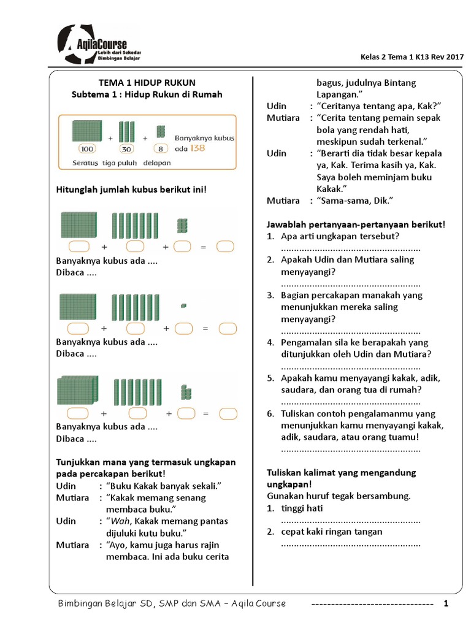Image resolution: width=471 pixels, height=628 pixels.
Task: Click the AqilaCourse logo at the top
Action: [99, 46]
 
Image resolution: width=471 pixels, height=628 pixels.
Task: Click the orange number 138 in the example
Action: [197, 148]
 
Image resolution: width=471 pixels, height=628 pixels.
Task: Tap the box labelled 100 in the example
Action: [88, 148]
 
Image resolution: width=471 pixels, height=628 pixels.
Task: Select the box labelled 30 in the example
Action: [127, 148]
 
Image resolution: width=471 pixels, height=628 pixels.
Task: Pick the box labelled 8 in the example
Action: [161, 148]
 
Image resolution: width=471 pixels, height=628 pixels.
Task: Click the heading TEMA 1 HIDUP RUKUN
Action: [147, 82]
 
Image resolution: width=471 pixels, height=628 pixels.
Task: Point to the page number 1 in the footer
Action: [446, 603]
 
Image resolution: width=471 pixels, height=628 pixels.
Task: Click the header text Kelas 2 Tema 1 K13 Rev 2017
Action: [412, 57]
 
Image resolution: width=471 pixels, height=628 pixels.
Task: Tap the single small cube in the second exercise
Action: [184, 305]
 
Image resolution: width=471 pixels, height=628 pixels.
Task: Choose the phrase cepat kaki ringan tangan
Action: [331, 532]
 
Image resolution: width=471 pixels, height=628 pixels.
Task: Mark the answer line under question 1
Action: [350, 248]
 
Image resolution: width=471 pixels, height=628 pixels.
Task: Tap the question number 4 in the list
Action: [270, 342]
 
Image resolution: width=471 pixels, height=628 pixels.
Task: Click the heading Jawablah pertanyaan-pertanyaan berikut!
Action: [356, 224]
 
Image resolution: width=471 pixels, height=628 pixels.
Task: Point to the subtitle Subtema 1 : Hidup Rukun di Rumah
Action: [147, 94]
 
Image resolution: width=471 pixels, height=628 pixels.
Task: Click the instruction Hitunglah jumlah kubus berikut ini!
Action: [132, 189]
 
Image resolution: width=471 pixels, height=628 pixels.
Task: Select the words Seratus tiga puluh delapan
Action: [115, 163]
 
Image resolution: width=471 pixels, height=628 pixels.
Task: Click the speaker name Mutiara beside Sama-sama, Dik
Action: [283, 201]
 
